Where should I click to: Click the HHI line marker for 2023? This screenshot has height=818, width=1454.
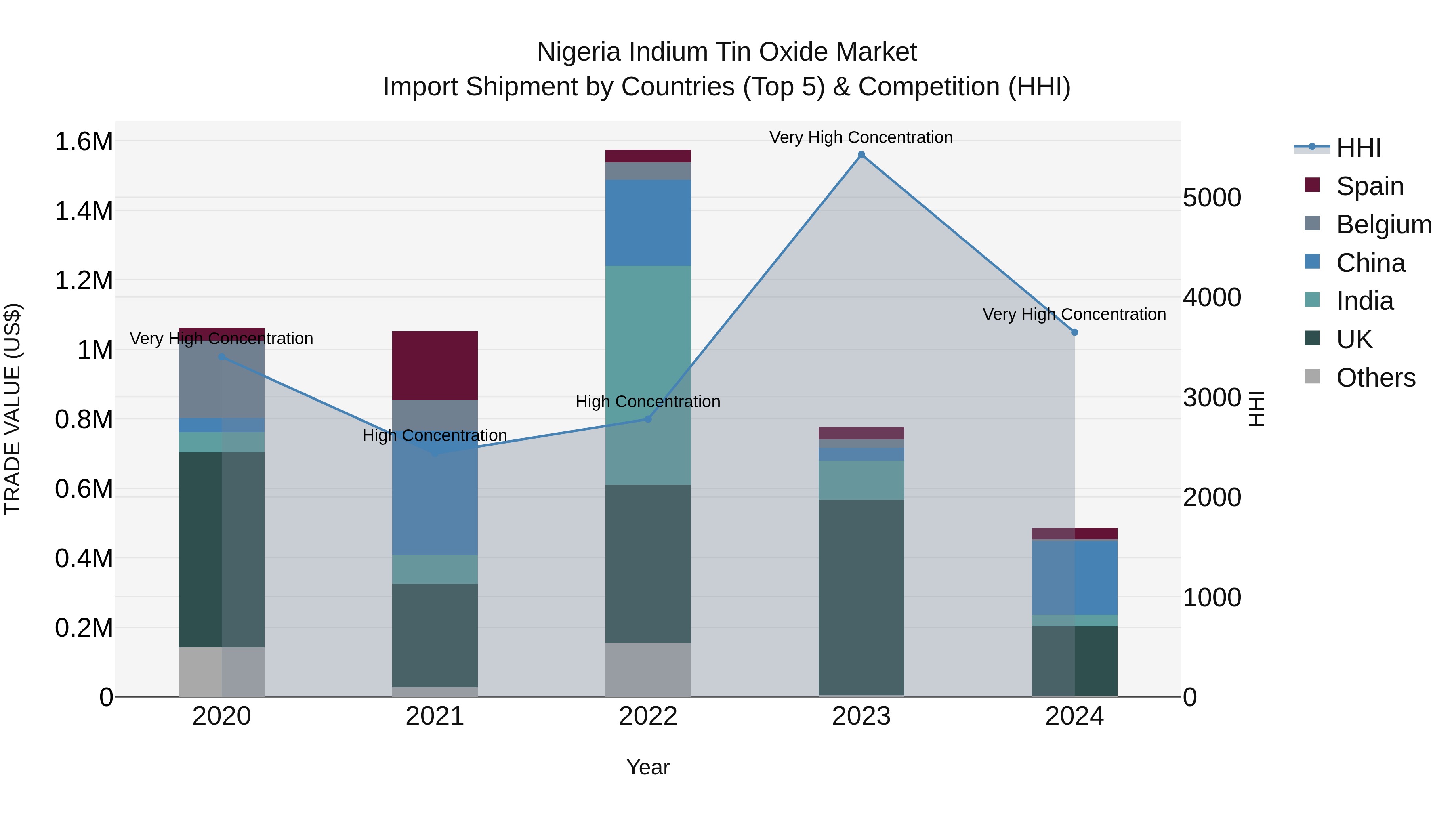[x=861, y=155]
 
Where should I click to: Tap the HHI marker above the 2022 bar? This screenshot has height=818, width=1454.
[x=648, y=419]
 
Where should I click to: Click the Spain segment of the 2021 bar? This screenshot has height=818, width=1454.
[x=435, y=366]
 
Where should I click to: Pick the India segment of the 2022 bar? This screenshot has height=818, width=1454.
[x=648, y=375]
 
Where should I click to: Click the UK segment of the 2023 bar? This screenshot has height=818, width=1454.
[x=861, y=597]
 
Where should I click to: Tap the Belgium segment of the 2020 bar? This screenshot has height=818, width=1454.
[x=221, y=379]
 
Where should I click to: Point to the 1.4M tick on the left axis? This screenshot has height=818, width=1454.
[x=84, y=211]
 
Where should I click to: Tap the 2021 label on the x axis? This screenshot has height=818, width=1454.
[x=435, y=716]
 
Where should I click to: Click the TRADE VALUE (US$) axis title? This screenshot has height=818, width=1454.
[x=13, y=409]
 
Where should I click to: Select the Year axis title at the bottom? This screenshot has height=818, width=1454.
[x=648, y=767]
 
